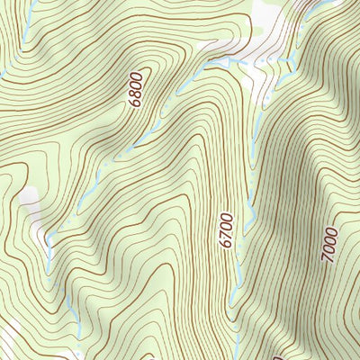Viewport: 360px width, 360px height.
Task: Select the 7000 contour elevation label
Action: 330,245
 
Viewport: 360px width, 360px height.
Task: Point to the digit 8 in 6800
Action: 136,94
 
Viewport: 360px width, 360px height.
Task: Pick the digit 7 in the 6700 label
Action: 226,236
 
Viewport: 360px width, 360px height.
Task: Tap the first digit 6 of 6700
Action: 226,245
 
